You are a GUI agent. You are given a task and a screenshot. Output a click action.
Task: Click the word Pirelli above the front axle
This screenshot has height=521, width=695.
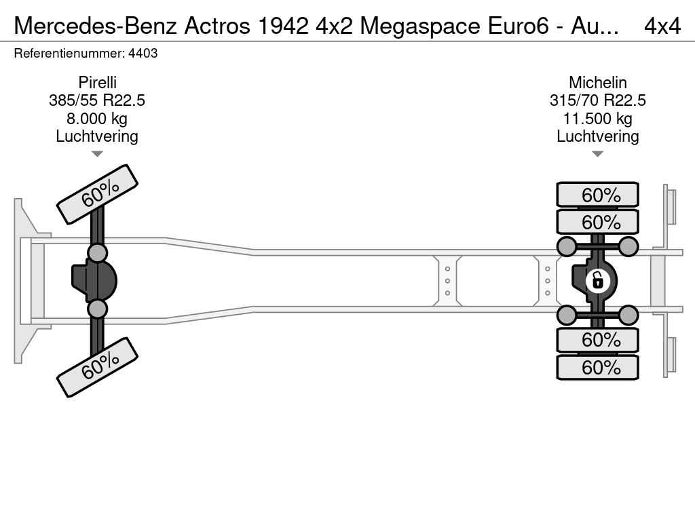click(x=97, y=82)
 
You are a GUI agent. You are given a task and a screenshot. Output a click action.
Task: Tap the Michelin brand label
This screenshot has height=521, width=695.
click(x=597, y=82)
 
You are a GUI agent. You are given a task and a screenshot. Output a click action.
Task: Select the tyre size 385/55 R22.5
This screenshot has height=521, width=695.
click(x=97, y=100)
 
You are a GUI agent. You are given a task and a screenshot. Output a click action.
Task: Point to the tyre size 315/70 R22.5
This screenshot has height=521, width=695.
click(x=597, y=100)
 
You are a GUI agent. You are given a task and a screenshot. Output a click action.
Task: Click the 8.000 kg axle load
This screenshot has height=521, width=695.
click(x=97, y=119)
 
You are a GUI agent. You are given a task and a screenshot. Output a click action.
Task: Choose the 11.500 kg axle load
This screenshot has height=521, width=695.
click(x=597, y=119)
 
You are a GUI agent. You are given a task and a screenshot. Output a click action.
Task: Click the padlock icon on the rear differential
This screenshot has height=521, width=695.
click(x=597, y=281)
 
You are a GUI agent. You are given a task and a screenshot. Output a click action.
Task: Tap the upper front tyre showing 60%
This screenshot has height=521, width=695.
click(x=97, y=195)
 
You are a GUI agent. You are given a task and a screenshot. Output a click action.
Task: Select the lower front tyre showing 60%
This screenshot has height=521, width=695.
click(x=97, y=367)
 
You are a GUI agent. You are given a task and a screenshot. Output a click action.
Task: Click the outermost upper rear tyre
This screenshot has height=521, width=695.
click(x=597, y=194)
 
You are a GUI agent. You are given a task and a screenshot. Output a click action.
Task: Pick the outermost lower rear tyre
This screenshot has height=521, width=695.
click(x=597, y=367)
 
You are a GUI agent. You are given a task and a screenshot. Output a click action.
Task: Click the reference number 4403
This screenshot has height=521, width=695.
click(x=143, y=54)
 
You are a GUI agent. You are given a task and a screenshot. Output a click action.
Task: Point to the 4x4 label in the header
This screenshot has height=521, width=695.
click(x=662, y=26)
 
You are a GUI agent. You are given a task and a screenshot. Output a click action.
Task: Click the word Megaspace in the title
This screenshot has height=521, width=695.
click(x=420, y=26)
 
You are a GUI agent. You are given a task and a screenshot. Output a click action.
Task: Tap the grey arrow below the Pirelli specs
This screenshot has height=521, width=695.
click(x=97, y=154)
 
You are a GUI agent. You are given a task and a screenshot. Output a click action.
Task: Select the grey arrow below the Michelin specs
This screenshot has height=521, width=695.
click(x=597, y=154)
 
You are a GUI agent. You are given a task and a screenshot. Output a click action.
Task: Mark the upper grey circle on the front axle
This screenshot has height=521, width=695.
click(x=97, y=253)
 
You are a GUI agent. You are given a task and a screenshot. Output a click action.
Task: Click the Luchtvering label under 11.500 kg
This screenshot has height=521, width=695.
click(x=597, y=136)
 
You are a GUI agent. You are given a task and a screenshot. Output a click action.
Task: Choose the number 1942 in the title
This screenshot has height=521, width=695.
click(x=283, y=26)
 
